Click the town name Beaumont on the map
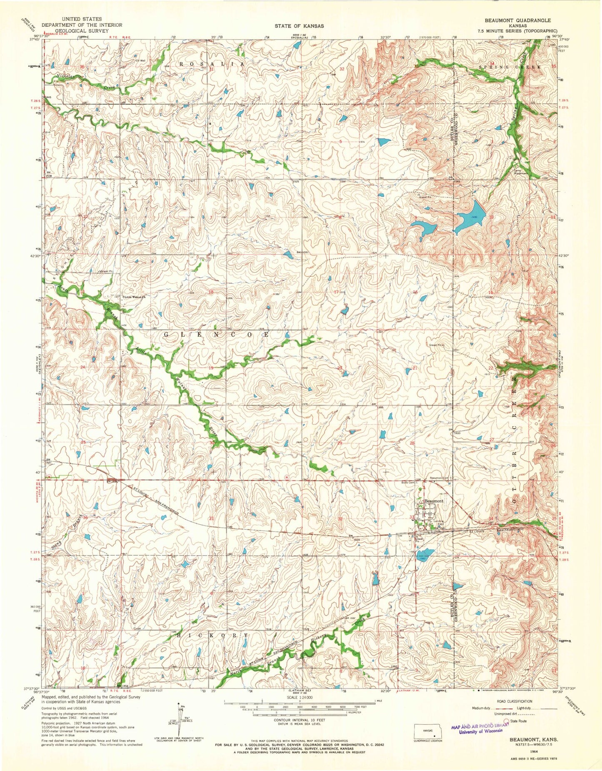(x=434, y=501)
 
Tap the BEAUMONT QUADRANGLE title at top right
(x=523, y=20)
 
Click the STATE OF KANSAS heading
(x=299, y=26)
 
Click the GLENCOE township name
(x=217, y=334)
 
